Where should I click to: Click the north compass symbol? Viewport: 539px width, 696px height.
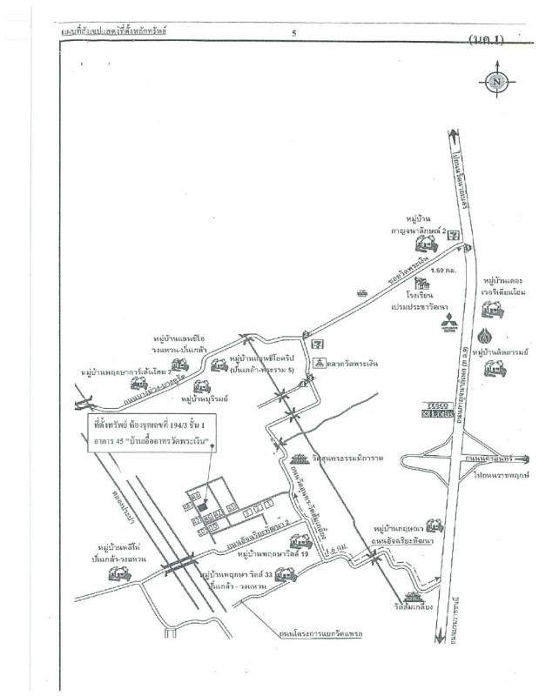click(x=495, y=83)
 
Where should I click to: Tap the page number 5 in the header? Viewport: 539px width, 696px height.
click(x=294, y=33)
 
